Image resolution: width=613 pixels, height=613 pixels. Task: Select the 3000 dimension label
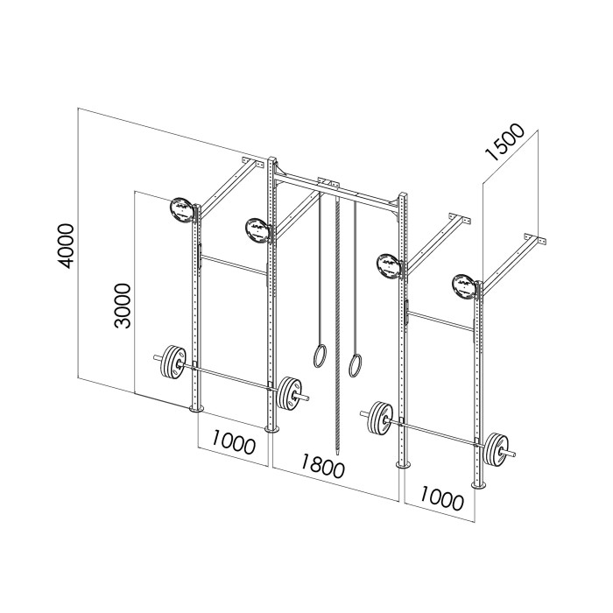pyautogui.click(x=123, y=306)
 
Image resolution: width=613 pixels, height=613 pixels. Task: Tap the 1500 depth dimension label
pyautogui.click(x=504, y=142)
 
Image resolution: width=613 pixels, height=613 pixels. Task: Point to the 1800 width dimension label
pyautogui.click(x=323, y=465)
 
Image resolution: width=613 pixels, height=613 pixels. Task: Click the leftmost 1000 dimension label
pyautogui.click(x=234, y=442)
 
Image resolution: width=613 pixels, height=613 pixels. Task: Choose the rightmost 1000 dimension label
pyautogui.click(x=441, y=498)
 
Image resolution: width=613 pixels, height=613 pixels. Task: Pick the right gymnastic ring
pyautogui.click(x=355, y=365)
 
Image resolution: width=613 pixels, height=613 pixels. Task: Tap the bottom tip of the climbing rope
pyautogui.click(x=337, y=455)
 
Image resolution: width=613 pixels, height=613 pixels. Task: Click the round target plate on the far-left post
pyautogui.click(x=181, y=211)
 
